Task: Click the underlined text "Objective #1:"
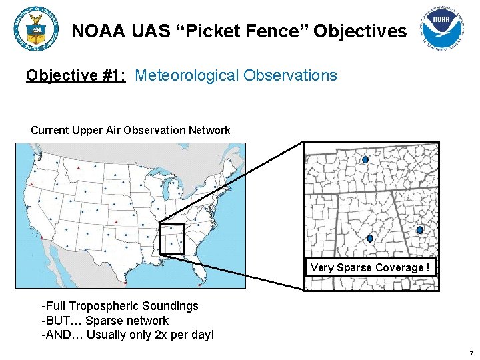pyautogui.click(x=76, y=75)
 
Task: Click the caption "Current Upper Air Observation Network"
pyautogui.click(x=131, y=130)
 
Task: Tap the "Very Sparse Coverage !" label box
pyautogui.click(x=371, y=267)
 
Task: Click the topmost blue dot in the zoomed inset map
pyautogui.click(x=365, y=160)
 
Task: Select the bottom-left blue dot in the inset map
pyautogui.click(x=370, y=238)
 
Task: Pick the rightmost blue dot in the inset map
pyautogui.click(x=419, y=230)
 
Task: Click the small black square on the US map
pyautogui.click(x=172, y=239)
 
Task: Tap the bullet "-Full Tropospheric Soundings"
pyautogui.click(x=120, y=306)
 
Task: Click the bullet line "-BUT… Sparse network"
pyautogui.click(x=105, y=320)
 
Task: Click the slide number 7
pyautogui.click(x=471, y=353)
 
